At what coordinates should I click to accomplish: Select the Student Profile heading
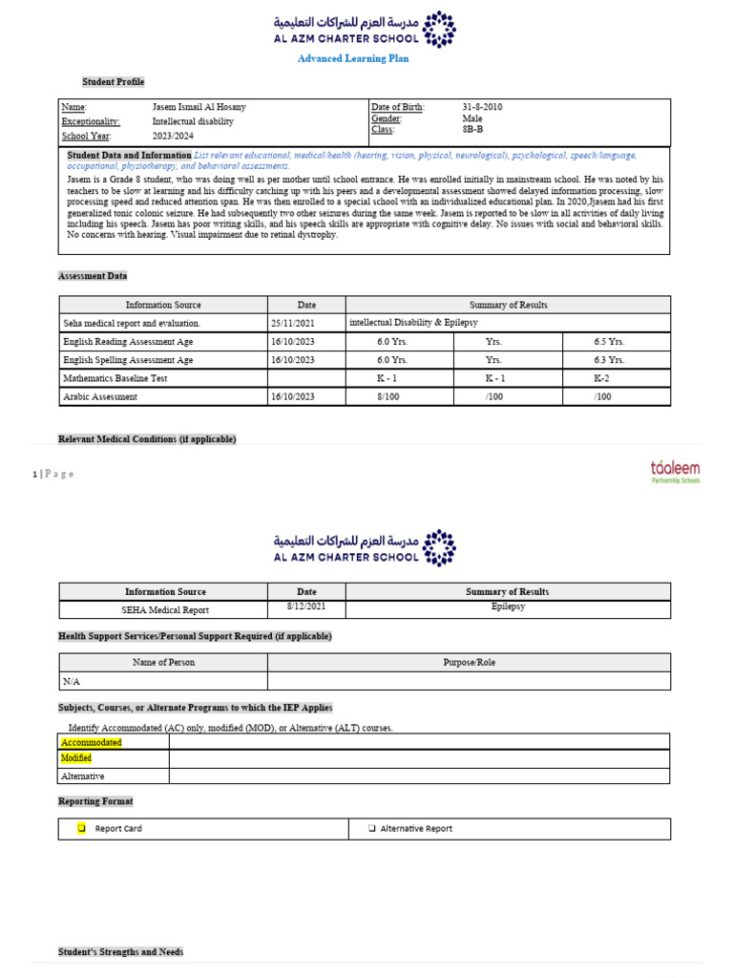(x=113, y=82)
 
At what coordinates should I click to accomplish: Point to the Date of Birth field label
(x=397, y=107)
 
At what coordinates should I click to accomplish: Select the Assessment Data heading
(x=93, y=276)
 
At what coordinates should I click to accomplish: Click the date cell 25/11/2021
(x=292, y=324)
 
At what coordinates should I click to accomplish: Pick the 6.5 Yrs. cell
(x=609, y=342)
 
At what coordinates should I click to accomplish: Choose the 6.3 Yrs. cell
(x=609, y=360)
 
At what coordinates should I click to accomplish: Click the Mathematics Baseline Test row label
(x=115, y=378)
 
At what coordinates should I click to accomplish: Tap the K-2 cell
(x=604, y=378)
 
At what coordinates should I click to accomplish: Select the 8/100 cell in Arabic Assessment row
(x=387, y=396)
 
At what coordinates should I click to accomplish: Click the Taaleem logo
(x=675, y=470)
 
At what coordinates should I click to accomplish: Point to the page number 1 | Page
(x=52, y=474)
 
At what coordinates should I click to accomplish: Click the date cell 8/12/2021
(x=306, y=606)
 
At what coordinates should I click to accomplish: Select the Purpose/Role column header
(x=469, y=662)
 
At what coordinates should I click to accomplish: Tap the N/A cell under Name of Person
(x=72, y=681)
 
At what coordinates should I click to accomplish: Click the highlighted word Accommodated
(x=92, y=742)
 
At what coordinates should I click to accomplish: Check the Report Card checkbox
(x=82, y=828)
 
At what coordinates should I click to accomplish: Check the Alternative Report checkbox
(x=371, y=829)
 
